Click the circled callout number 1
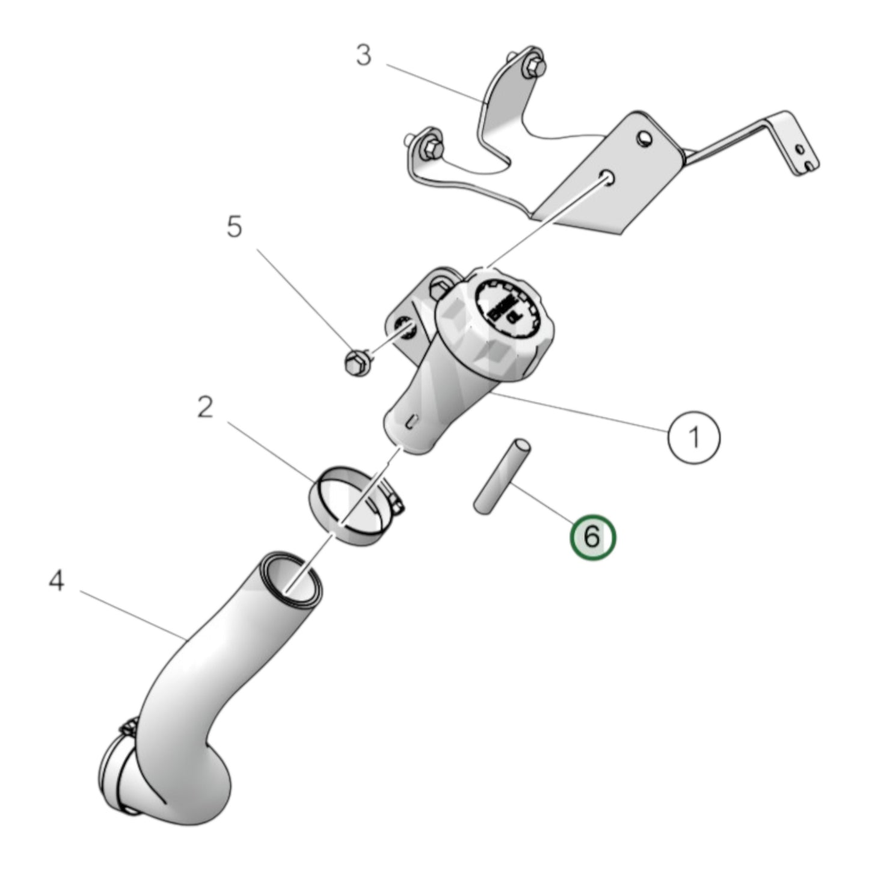coord(693,437)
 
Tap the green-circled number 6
coord(593,536)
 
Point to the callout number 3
coord(363,56)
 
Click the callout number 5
coord(234,227)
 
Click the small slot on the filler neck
coord(412,420)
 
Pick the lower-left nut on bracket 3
coord(429,146)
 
